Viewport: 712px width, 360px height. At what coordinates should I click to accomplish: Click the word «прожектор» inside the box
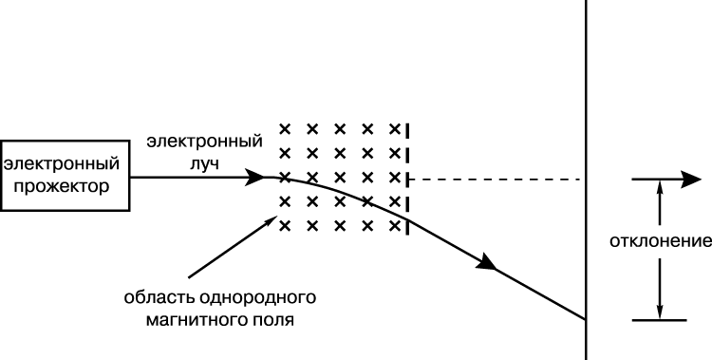pos(62,186)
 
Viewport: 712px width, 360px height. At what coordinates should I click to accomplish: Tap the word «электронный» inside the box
pos(62,163)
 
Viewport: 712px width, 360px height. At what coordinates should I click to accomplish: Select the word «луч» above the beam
pos(204,163)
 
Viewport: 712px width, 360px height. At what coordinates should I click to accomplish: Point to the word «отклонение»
pos(661,241)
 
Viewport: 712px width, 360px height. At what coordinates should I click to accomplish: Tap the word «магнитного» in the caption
pos(196,320)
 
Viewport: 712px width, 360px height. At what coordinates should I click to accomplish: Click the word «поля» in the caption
pos(272,320)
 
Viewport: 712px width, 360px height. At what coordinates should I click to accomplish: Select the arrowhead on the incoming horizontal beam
pos(254,177)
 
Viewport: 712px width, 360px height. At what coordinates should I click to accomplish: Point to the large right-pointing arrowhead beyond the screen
pos(691,180)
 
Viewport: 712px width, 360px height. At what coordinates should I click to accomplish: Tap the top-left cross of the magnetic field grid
pos(285,129)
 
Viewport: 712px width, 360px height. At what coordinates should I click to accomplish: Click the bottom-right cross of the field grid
pos(395,225)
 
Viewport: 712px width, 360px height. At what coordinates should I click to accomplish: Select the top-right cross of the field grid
pos(395,129)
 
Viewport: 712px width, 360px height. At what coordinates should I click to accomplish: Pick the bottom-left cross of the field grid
pos(285,225)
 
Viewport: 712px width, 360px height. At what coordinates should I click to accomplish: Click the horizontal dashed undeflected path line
pos(495,180)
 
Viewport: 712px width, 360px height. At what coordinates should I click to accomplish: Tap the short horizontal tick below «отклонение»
pos(660,320)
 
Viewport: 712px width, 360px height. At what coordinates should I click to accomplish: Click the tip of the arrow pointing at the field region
pos(276,217)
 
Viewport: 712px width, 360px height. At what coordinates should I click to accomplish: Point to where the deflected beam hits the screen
pos(586,319)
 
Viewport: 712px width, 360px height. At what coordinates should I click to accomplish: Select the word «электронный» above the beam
pos(205,141)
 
